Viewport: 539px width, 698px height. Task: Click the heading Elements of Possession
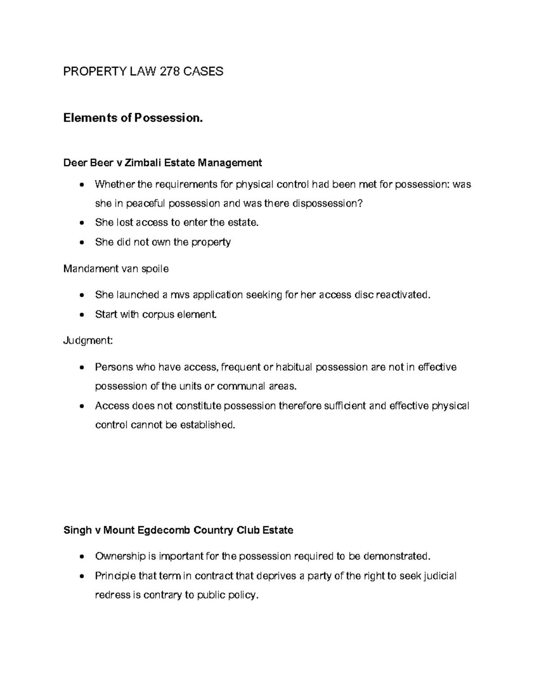(x=133, y=118)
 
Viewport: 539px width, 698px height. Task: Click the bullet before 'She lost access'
(x=81, y=223)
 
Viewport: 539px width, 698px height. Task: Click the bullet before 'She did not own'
(x=81, y=243)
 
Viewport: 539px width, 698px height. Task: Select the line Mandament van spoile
(x=116, y=269)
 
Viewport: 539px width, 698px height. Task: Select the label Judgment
(x=88, y=341)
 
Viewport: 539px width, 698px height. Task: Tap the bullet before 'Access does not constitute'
(x=81, y=406)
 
